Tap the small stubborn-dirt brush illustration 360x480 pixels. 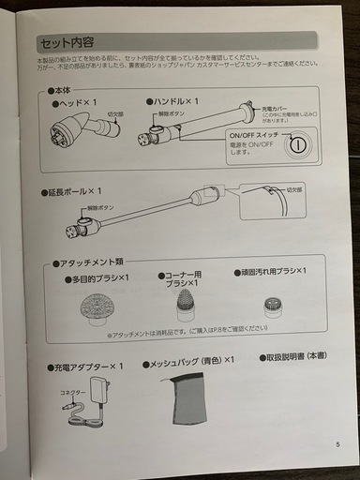tap(271, 306)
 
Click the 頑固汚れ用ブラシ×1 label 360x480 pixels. tap(271, 273)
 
